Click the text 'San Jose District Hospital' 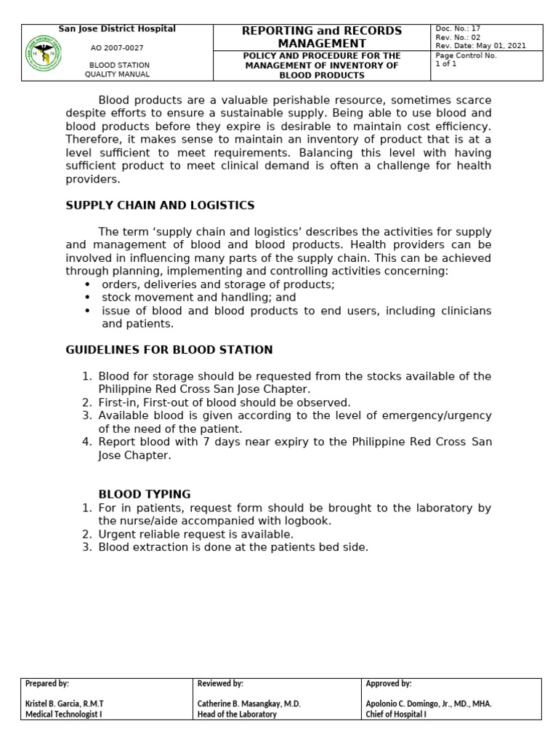117,29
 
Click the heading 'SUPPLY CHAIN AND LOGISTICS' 160,206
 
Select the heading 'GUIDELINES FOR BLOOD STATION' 169,350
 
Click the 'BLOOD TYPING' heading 145,494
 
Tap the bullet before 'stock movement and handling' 88,298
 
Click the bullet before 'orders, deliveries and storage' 88,284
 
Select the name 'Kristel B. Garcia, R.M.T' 65,704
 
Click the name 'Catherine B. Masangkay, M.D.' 249,704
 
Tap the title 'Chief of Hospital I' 396,714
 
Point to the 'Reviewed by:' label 220,684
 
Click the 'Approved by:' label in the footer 389,684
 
